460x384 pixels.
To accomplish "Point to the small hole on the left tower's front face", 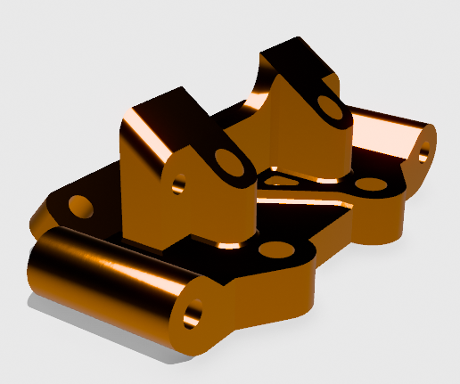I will (178, 183).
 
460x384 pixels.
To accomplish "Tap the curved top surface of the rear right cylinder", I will (383, 125).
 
